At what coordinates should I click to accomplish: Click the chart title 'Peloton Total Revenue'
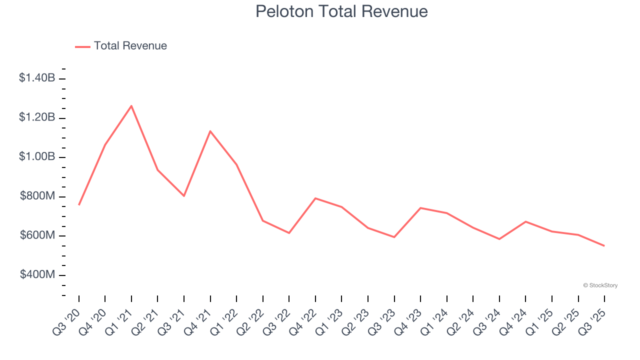(341, 11)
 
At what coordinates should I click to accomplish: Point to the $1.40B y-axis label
(37, 78)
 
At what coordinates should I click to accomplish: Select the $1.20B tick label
(37, 117)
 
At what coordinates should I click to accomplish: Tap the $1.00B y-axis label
(37, 157)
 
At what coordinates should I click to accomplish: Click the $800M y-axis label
(37, 196)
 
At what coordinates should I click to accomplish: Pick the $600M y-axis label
(37, 235)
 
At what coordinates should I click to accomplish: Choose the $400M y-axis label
(37, 275)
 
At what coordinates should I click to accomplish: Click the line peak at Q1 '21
(131, 105)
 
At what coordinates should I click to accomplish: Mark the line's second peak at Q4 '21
(210, 131)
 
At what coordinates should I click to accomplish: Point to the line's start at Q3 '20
(79, 205)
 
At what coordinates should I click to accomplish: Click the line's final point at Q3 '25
(604, 245)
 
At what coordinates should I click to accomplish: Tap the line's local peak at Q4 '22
(315, 198)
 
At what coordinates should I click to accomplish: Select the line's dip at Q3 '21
(184, 196)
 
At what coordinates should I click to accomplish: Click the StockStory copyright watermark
(600, 285)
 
